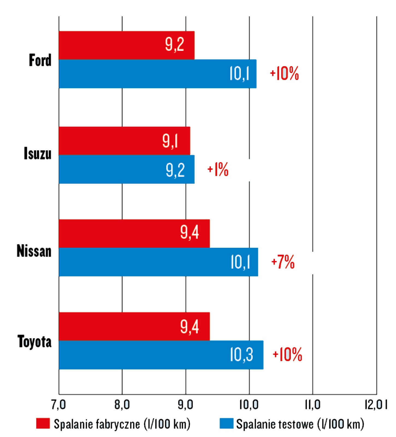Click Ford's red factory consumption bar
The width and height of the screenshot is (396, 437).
[x=126, y=45]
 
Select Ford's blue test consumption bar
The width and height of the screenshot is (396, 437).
[x=157, y=74]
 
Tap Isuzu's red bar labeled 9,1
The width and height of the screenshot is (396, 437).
[x=124, y=141]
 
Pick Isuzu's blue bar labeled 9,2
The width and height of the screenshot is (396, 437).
[x=126, y=169]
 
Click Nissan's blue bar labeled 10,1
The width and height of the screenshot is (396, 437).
[x=158, y=262]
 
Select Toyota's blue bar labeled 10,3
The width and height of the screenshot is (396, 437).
[x=161, y=355]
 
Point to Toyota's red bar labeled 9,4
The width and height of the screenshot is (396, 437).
[x=134, y=326]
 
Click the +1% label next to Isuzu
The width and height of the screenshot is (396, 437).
[x=218, y=169]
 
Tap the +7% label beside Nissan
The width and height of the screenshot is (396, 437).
[x=283, y=262]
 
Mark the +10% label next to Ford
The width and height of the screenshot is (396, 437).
[x=284, y=73]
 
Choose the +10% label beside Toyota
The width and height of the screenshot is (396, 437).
[x=287, y=355]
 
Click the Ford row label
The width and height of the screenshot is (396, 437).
[x=40, y=60]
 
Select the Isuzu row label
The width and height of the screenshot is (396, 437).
[x=37, y=153]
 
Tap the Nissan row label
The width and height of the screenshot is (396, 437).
[x=34, y=251]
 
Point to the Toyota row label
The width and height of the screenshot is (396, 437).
[x=34, y=341]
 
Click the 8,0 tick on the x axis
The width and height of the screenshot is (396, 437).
[x=122, y=405]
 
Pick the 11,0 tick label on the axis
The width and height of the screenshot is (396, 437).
[x=312, y=405]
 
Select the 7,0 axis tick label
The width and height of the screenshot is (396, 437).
[x=58, y=405]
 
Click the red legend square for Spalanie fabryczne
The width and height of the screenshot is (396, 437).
[x=43, y=423]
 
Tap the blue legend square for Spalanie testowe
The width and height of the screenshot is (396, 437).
[x=226, y=423]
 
